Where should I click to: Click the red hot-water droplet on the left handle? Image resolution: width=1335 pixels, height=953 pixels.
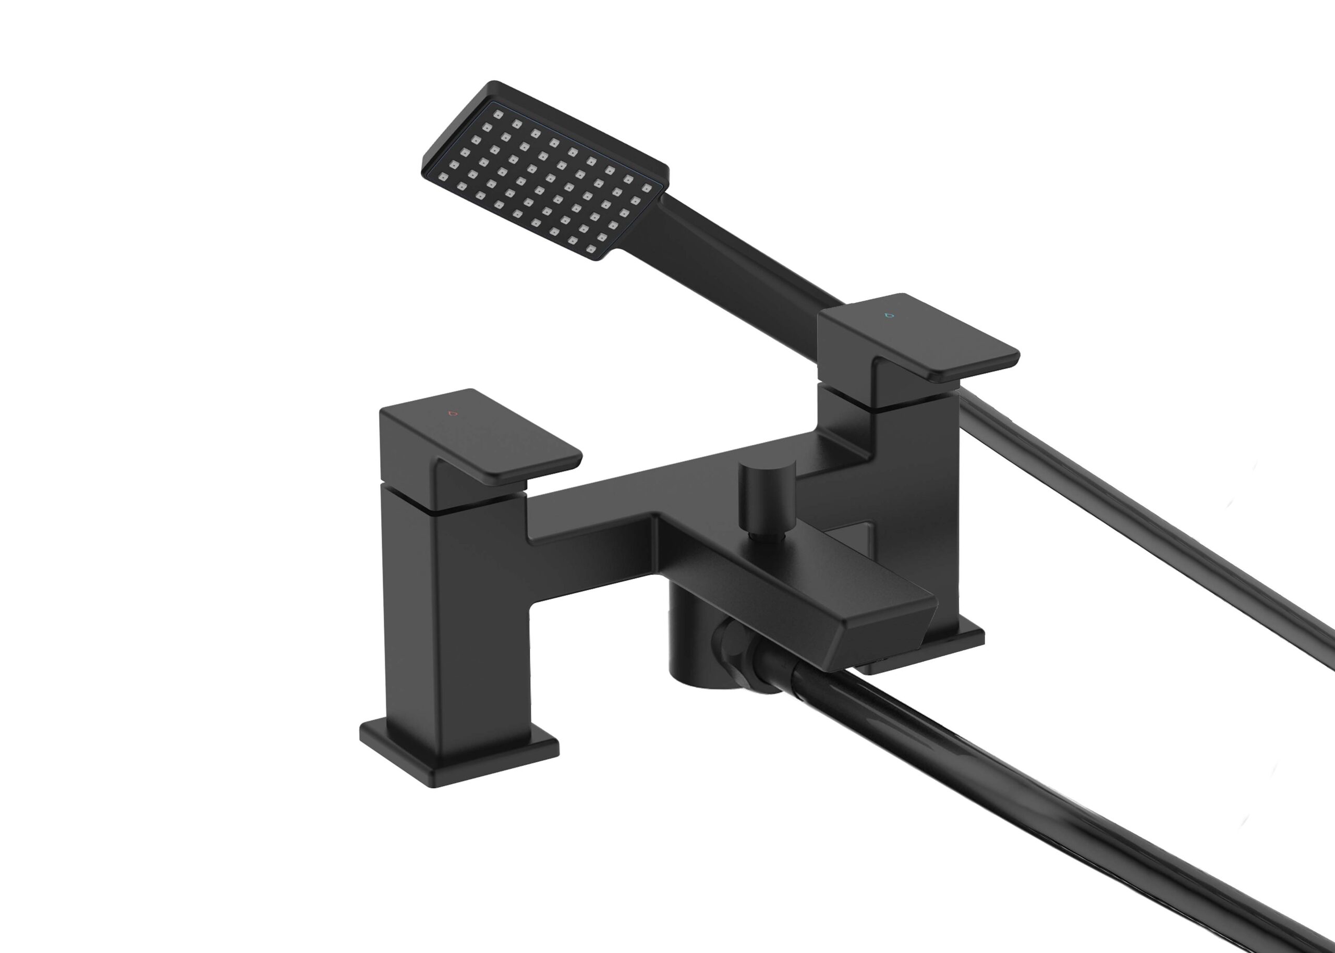[x=451, y=413]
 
